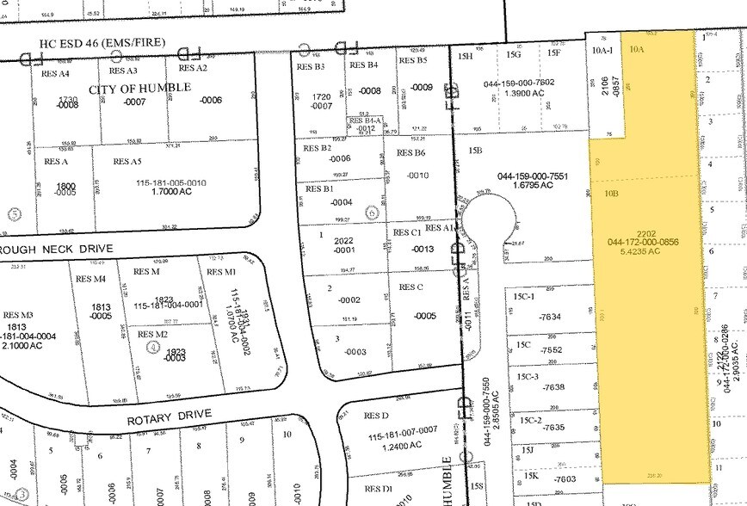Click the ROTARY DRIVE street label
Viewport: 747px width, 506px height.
click(x=170, y=419)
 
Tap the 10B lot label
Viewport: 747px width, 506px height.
click(x=611, y=194)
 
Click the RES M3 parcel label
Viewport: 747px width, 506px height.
click(x=18, y=315)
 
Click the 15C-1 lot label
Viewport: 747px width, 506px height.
click(x=524, y=296)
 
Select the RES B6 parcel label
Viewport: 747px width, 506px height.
click(x=411, y=153)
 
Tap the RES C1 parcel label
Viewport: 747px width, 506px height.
click(x=406, y=233)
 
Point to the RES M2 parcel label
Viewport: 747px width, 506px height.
click(x=152, y=334)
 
